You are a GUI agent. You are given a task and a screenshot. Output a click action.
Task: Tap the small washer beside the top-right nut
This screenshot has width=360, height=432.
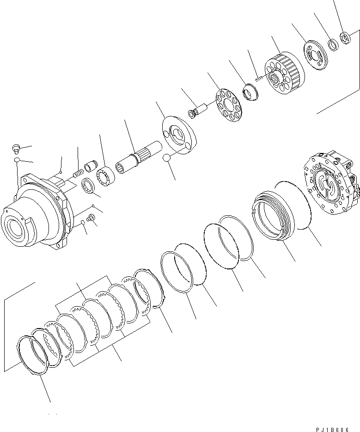click(x=333, y=44)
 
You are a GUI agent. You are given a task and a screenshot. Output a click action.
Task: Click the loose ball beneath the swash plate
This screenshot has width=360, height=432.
click(x=168, y=159)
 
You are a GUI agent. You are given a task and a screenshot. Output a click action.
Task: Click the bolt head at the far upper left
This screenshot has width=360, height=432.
click(x=15, y=149)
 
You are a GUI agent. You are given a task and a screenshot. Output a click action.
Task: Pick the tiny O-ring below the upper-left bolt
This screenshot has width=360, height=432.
click(x=16, y=160)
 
